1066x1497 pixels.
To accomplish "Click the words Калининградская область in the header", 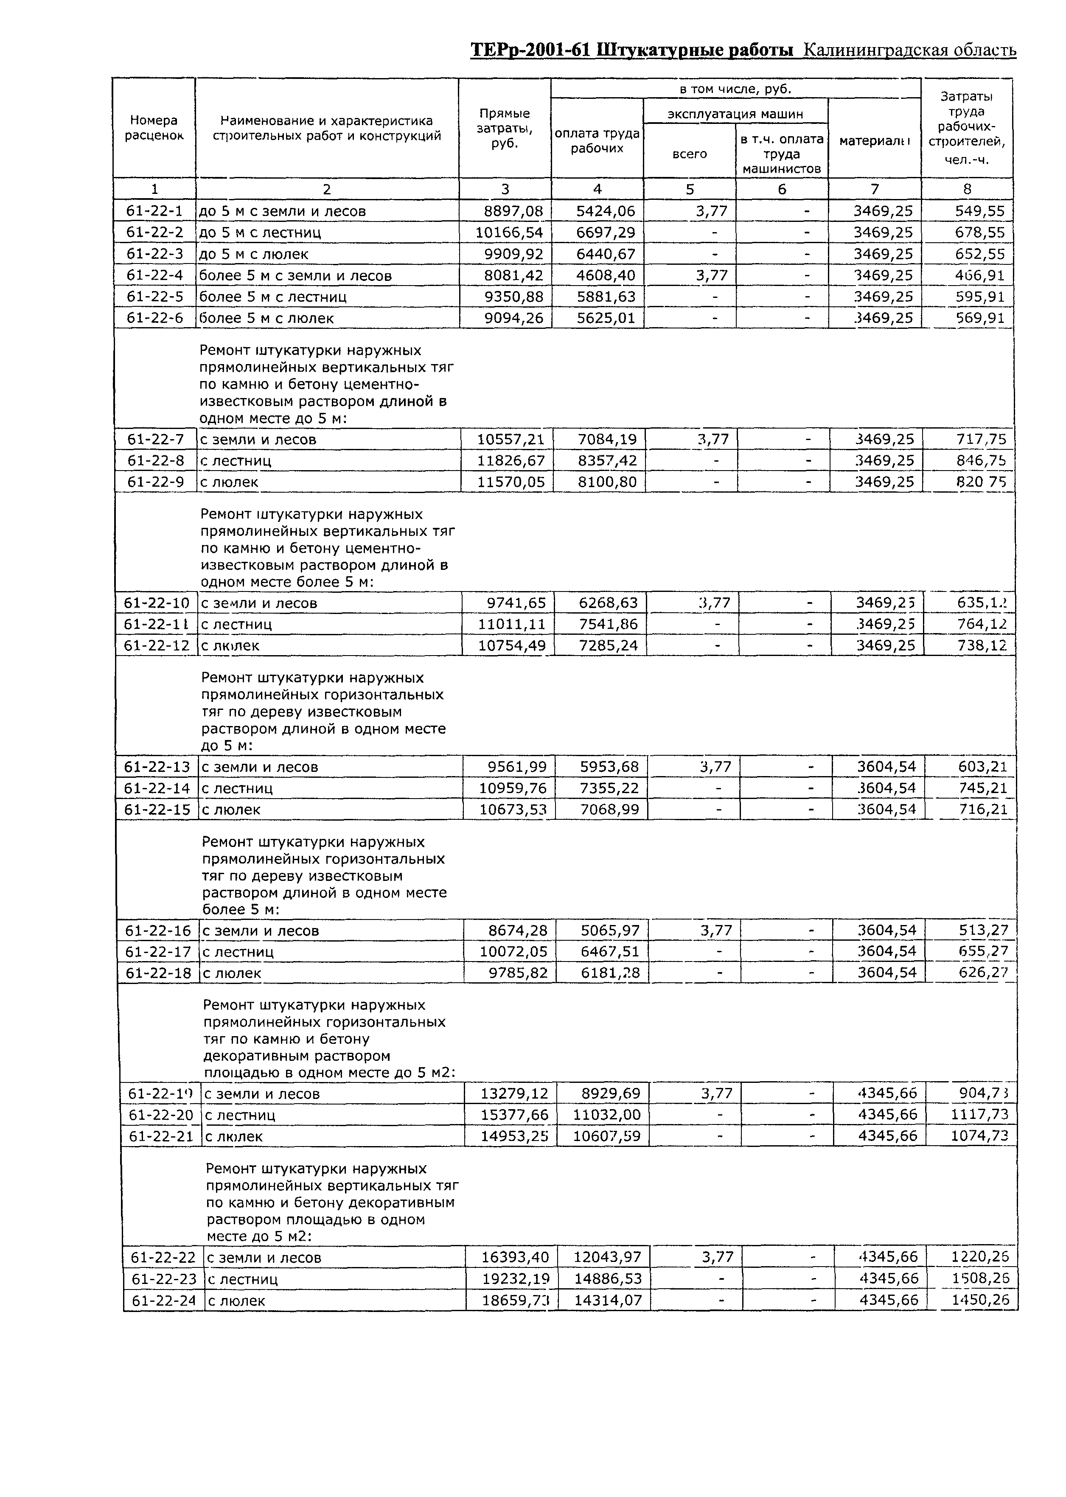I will pyautogui.click(x=910, y=50).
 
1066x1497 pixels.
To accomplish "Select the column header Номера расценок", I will pyautogui.click(x=154, y=128).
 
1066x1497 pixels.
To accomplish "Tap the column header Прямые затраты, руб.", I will pyautogui.click(x=504, y=128).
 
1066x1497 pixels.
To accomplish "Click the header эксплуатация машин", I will pyautogui.click(x=735, y=114).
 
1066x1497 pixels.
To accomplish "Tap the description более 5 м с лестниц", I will pyautogui.click(x=273, y=297).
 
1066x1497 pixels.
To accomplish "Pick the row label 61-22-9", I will pyautogui.click(x=156, y=482).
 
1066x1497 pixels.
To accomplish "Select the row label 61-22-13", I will pyautogui.click(x=157, y=767).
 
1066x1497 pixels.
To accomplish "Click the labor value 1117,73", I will pyautogui.click(x=979, y=1114).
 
